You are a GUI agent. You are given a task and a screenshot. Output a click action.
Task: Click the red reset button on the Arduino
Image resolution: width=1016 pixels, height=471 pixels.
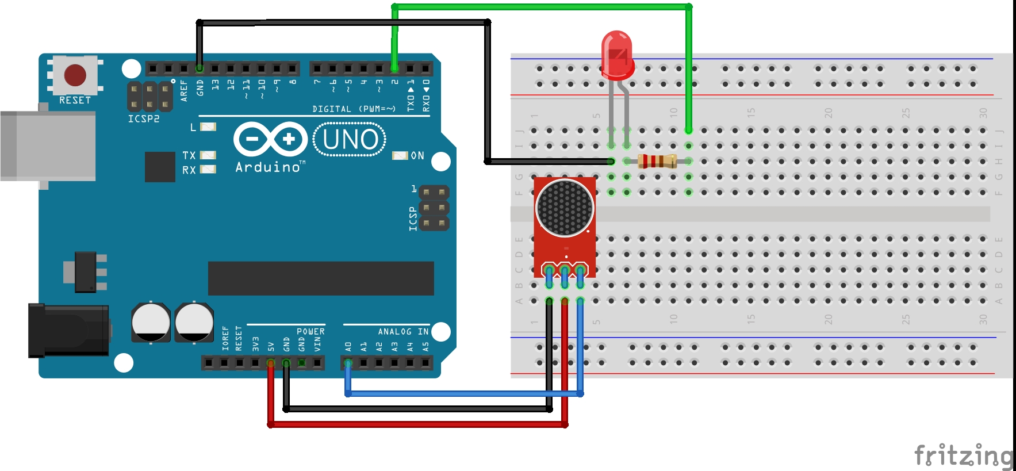[75, 75]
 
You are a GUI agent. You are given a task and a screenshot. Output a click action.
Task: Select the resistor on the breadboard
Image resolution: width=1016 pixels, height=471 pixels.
[657, 161]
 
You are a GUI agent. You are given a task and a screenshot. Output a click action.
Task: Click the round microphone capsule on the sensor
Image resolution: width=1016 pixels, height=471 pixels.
[565, 208]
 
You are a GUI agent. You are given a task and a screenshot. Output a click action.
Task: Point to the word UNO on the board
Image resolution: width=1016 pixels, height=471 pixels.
[350, 139]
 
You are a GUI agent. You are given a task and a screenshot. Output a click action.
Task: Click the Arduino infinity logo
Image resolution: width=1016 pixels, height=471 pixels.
[270, 139]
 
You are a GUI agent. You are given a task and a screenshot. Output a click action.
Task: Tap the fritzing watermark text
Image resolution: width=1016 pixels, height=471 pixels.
[963, 455]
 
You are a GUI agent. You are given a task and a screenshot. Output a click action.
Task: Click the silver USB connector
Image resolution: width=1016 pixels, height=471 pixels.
[48, 146]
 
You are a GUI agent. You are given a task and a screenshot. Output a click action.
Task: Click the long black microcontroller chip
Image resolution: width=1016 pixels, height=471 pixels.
[320, 278]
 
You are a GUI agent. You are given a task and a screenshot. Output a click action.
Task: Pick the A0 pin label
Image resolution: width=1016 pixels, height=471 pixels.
[348, 347]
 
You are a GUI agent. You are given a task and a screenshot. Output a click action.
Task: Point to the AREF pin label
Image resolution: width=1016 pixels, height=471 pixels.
[184, 90]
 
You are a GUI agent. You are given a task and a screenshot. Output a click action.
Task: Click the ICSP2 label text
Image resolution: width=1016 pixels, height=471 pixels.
[144, 119]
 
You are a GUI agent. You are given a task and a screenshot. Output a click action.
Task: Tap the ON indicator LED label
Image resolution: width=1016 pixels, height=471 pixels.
[417, 156]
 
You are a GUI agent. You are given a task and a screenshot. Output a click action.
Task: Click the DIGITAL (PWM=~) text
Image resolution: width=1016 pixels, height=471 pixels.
[354, 109]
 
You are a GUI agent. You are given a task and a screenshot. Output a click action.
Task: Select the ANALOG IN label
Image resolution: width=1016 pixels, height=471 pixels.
[403, 332]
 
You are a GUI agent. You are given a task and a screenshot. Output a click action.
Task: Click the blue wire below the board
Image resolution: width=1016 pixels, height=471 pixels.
[460, 394]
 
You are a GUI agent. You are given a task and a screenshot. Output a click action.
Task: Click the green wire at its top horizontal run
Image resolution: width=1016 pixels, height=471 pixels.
[540, 7]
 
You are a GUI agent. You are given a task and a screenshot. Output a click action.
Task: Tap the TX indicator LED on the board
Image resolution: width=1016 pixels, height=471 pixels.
[208, 155]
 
